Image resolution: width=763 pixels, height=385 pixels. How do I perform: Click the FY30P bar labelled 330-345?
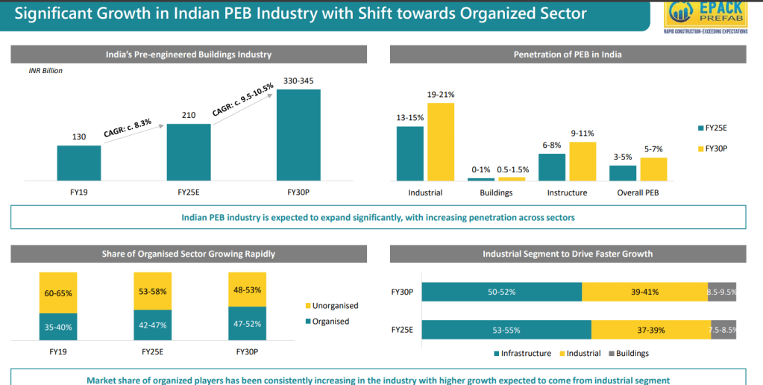tap(298, 135)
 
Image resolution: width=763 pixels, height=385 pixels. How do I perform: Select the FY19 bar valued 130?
tap(78, 163)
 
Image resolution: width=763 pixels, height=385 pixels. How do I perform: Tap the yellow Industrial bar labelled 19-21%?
tap(440, 142)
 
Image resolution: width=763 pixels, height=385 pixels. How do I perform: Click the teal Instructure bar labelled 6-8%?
tap(552, 167)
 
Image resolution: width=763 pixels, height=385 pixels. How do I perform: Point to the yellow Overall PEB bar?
tap(653, 169)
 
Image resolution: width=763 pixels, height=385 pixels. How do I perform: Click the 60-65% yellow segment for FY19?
tap(58, 293)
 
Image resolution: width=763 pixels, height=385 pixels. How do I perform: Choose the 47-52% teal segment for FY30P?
tap(246, 324)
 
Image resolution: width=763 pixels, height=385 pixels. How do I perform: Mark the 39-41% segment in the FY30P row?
tap(644, 292)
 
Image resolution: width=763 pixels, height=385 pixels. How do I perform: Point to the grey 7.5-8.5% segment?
tap(723, 330)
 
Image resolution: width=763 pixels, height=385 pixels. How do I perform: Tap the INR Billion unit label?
tap(46, 71)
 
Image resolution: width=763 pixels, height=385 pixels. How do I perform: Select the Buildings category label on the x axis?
tap(496, 192)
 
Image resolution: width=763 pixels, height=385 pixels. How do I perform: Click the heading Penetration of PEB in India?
tap(568, 54)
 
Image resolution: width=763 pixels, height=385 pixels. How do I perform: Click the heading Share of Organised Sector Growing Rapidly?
tap(188, 254)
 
